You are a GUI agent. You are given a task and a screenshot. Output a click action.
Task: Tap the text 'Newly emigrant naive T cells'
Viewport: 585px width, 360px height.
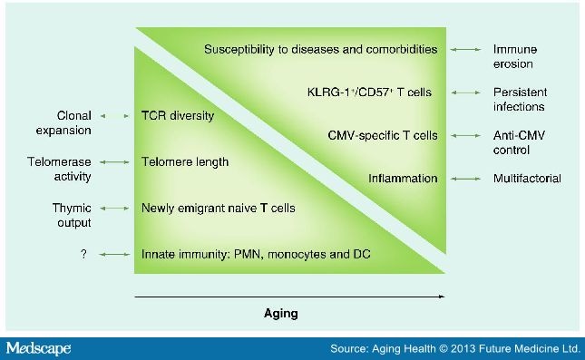pos(218,208)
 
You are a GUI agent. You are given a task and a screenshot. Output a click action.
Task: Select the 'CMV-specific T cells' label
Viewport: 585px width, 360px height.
pos(383,135)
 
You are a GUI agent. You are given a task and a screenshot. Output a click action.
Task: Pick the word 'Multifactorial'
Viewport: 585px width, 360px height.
pos(527,178)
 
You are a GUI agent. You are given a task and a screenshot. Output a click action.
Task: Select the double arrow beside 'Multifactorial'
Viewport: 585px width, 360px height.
pos(467,178)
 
